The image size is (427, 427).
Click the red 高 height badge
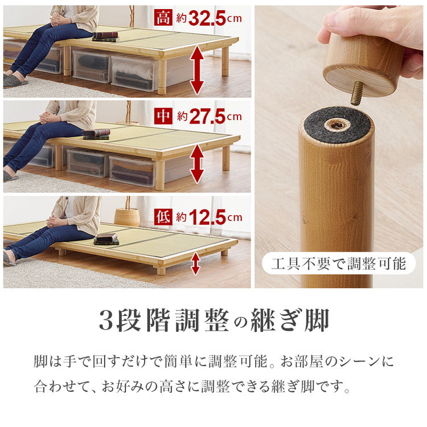[163, 19]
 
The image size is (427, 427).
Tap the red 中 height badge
[163, 117]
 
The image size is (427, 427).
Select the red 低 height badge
[163, 217]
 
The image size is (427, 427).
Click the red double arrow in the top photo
[196, 69]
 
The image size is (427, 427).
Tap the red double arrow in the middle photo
[196, 163]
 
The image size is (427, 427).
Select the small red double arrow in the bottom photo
[195, 263]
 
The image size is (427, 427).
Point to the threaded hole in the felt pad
[337, 124]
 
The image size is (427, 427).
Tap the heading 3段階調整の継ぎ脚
[213, 321]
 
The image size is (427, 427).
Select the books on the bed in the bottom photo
[106, 238]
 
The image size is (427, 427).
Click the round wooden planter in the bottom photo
[126, 216]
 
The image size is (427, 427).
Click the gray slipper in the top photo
[15, 80]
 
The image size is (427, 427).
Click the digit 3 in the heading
[105, 321]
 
